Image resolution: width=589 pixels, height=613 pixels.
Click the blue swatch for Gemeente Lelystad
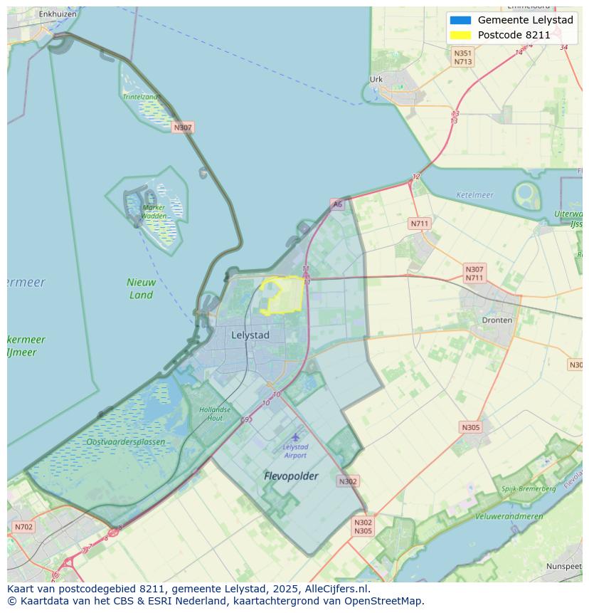pos(460,20)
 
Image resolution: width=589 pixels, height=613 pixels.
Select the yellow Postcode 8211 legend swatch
pos(460,35)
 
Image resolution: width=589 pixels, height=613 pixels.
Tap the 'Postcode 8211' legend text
pos(514,35)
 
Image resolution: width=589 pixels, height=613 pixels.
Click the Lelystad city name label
pos(250,335)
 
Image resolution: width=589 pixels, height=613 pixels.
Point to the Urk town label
pos(376,80)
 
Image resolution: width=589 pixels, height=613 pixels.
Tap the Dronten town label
pos(497,320)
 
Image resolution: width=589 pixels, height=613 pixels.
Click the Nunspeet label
pos(563,566)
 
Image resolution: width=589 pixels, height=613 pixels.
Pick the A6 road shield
pos(336,204)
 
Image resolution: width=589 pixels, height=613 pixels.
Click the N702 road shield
pos(23,528)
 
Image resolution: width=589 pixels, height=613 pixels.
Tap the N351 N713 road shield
pos(463,58)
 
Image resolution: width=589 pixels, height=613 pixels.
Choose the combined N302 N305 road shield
pos(363,527)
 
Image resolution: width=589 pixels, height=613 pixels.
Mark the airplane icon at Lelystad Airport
pos(295,436)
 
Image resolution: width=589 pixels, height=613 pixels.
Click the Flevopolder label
pos(291,476)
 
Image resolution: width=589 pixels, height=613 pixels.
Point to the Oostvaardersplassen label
pos(125,442)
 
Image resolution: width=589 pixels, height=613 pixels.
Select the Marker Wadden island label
pos(154,211)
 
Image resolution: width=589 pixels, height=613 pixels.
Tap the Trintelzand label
pos(140,97)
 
